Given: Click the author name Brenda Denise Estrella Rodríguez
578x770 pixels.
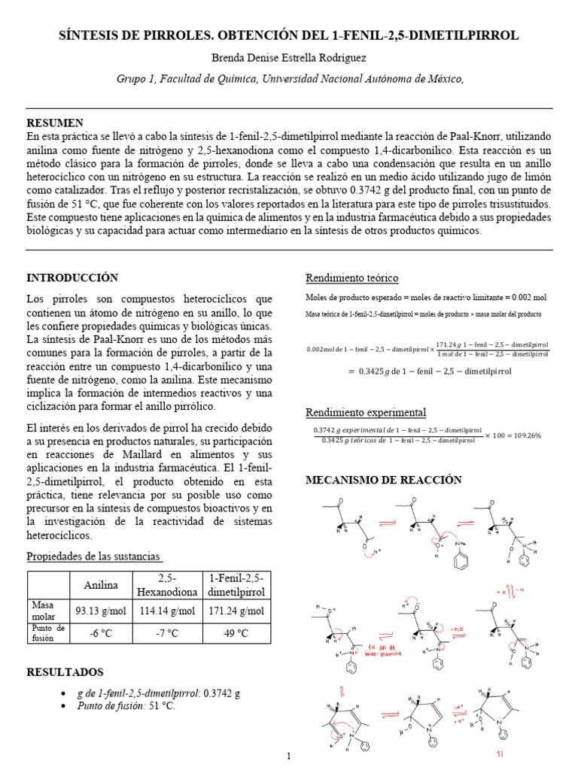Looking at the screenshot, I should tap(288, 58).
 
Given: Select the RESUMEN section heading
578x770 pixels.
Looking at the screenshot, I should tap(55, 123).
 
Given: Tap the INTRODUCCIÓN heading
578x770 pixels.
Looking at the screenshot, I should tap(73, 277).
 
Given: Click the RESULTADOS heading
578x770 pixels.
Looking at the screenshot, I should tap(65, 671).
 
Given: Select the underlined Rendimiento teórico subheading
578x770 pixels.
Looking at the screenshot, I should tap(351, 278).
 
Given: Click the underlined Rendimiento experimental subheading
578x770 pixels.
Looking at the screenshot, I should tap(365, 412).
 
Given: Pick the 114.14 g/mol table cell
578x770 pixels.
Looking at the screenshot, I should tap(167, 610).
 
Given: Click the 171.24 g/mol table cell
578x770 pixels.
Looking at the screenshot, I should tap(237, 610).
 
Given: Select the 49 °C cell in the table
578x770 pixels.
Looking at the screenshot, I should tap(237, 633).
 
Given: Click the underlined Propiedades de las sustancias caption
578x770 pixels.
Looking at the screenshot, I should tap(94, 556).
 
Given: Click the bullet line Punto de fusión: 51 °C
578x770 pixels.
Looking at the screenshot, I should tap(126, 706).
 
